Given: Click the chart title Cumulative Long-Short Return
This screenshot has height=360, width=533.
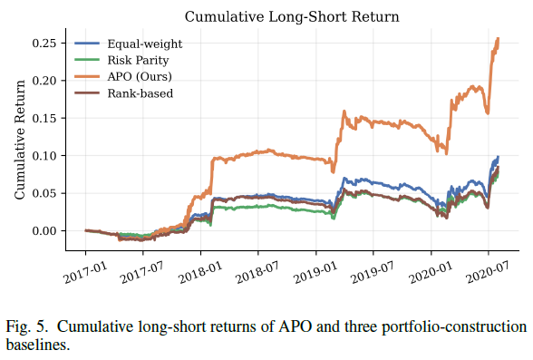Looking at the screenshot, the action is [292, 16].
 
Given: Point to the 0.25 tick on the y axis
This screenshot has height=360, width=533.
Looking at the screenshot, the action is [44, 44].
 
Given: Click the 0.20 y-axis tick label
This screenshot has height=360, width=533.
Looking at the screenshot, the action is [44, 81].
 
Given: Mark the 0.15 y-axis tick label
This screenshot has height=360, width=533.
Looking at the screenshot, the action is [44, 118].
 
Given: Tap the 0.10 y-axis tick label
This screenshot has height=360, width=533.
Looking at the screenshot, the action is [44, 156].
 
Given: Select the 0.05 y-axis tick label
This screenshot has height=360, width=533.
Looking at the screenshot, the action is [44, 193].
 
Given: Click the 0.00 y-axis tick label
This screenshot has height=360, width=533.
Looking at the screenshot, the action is [44, 231].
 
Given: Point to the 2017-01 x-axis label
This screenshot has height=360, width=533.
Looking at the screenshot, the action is [85, 273].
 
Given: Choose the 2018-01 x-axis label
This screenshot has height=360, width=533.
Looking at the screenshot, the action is [200, 273].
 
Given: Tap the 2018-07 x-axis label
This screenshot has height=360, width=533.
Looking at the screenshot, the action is [257, 273].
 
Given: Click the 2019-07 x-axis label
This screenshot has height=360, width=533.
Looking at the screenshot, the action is [373, 273].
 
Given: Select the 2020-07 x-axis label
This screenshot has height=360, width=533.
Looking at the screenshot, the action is [488, 273].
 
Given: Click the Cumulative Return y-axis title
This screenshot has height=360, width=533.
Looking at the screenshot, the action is [20, 140].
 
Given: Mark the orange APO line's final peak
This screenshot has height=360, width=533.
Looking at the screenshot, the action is [499, 38].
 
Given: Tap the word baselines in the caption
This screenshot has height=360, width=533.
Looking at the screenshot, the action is [38, 345].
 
